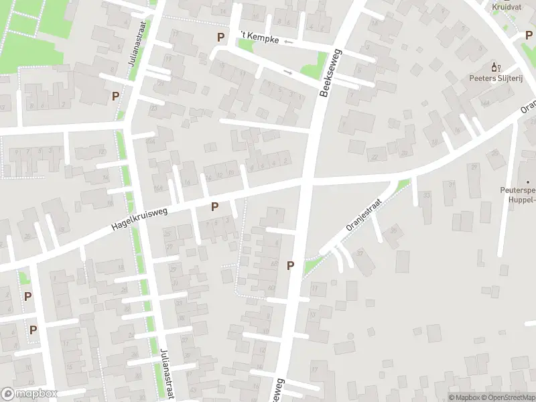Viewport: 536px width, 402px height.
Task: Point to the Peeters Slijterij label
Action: pos(496,78)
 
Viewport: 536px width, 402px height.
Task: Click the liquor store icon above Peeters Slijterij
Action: pos(496,66)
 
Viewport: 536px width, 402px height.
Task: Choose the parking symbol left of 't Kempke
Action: pos(220,38)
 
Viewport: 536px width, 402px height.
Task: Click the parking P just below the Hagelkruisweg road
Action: pos(214,207)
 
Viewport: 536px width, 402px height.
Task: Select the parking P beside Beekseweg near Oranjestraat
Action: pos(290,265)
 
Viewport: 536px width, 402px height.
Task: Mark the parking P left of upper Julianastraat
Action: pos(115,96)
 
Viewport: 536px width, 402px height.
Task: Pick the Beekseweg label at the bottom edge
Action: pos(277,391)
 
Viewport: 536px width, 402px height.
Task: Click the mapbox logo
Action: pos(29,394)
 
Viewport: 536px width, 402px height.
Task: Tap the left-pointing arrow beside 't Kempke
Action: pos(289,42)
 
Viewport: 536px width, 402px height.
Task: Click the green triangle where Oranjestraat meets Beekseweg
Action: pos(311,267)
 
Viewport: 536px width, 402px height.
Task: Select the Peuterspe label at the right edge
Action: pos(517,190)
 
